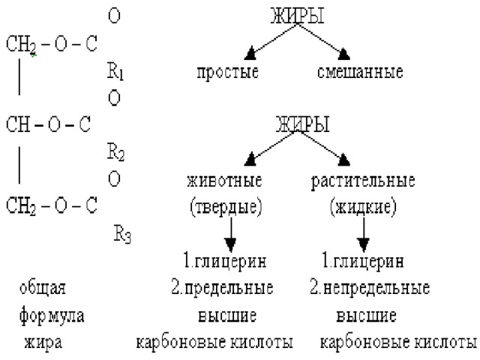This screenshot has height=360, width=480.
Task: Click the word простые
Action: point(227,73)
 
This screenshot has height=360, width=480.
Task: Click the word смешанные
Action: point(360,72)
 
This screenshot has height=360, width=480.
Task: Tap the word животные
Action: point(224,180)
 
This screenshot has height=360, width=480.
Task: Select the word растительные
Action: point(363,181)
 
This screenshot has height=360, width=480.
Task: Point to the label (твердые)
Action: point(226,207)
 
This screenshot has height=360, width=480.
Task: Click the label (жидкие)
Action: point(363,207)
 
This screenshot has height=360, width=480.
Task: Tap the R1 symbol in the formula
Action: point(115,71)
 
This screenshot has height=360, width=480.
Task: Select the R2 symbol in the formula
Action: point(115,152)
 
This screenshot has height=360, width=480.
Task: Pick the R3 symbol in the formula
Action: point(122,234)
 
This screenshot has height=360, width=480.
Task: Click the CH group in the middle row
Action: point(18,124)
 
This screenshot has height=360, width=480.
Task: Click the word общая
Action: point(42,288)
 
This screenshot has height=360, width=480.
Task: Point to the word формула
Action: point(52,316)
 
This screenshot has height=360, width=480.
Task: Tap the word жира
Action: point(43,342)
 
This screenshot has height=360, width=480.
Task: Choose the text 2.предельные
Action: point(222,289)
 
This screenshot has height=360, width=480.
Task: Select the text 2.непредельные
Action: point(370,289)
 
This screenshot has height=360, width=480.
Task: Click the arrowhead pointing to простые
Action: point(250,54)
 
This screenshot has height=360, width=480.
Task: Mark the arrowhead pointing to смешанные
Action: point(343,54)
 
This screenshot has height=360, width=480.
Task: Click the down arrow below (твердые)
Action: point(231,235)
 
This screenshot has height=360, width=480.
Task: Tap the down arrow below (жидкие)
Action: point(364,235)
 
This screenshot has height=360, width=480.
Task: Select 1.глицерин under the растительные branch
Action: point(363,262)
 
